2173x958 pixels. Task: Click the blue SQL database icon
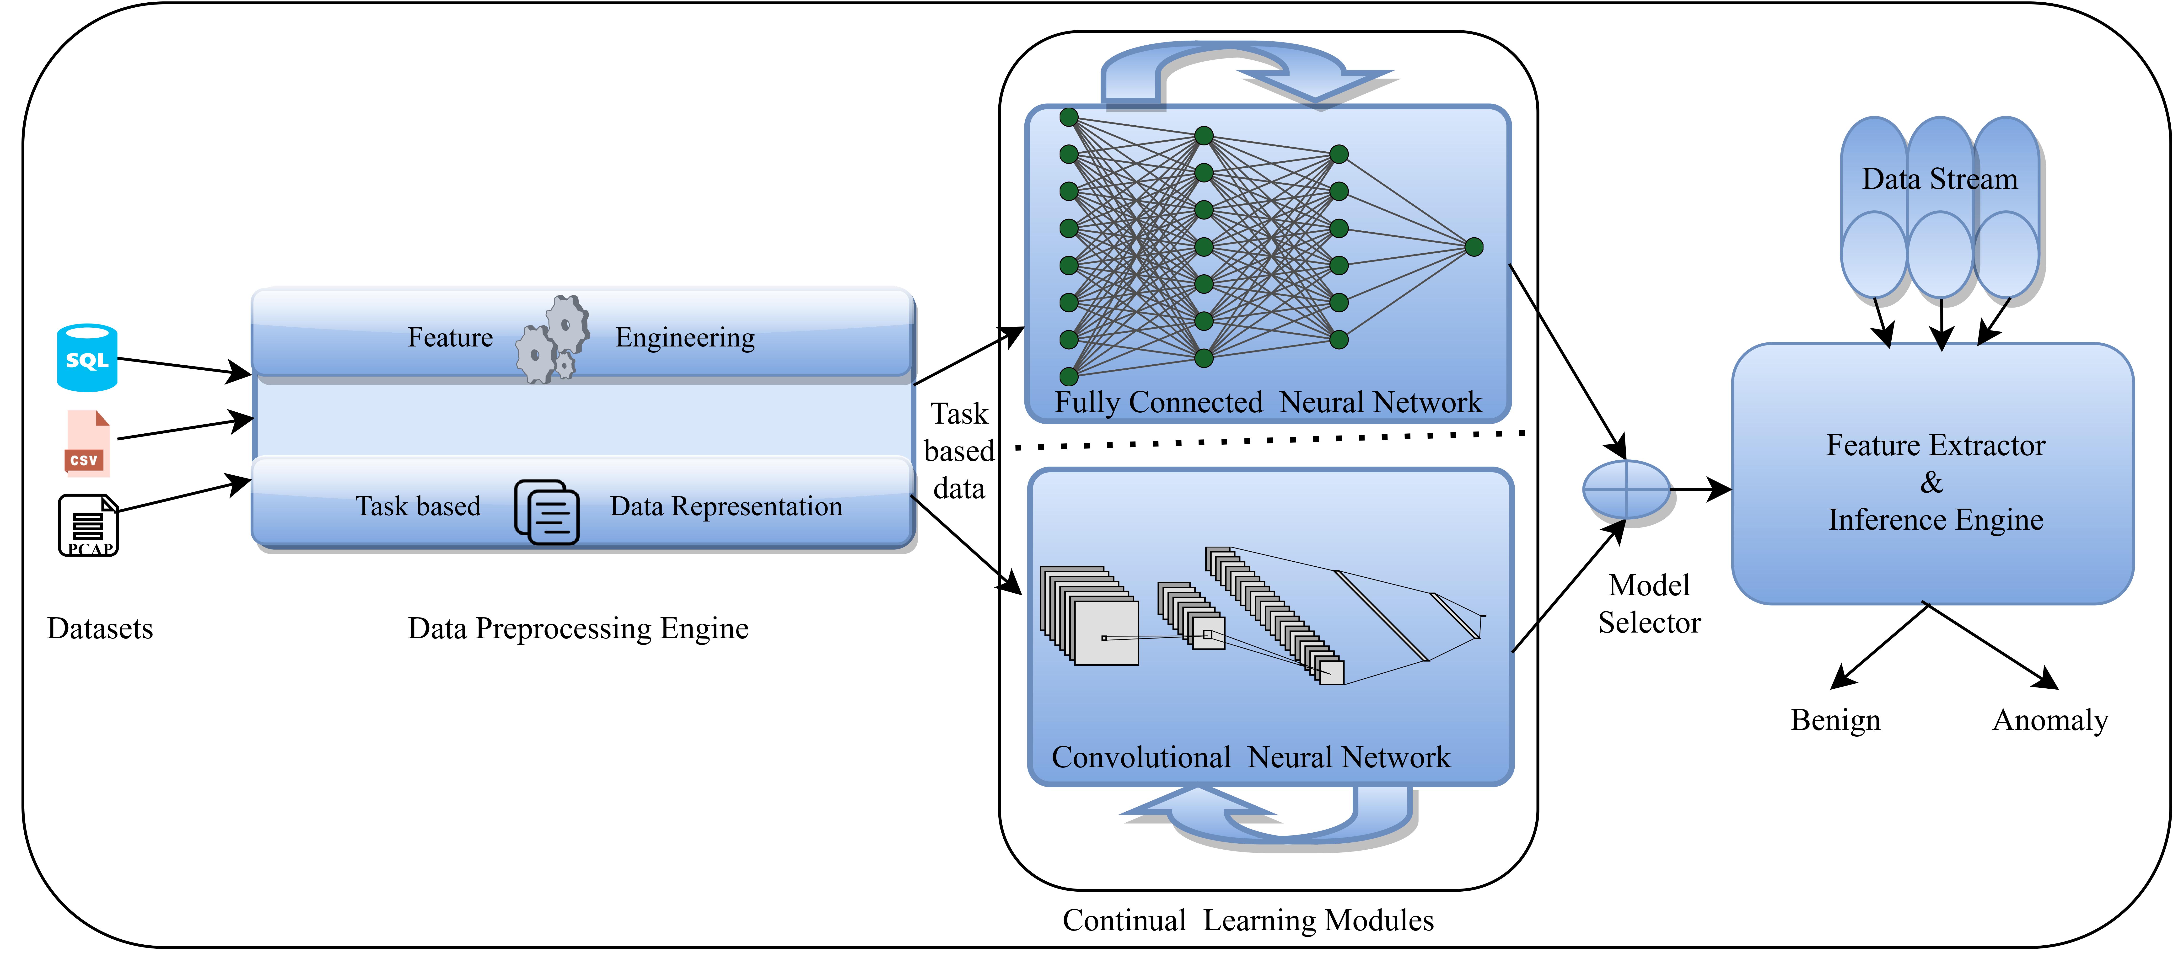87,358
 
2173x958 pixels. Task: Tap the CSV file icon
87,444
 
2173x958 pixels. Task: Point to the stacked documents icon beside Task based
547,512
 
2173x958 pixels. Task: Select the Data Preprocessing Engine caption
578,628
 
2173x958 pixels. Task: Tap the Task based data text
959,451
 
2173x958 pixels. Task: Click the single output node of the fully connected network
1474,247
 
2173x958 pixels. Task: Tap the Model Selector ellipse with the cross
1625,489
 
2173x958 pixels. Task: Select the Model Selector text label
1649,604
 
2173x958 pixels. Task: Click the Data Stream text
1939,179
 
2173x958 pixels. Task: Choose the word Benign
1836,720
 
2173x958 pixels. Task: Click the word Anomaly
2050,720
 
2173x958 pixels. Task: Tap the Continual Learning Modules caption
1248,920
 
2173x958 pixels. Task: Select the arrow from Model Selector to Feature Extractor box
1700,489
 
